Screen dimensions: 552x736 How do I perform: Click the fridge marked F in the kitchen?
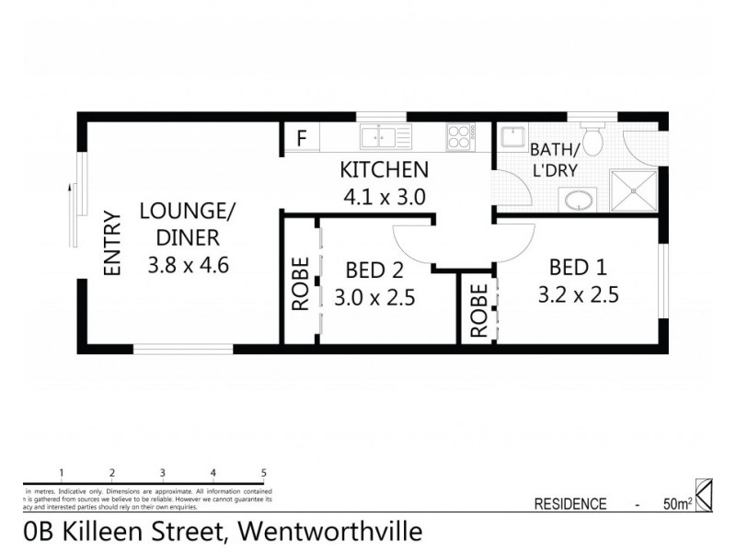point(301,140)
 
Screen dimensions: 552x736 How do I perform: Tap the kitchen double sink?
point(385,138)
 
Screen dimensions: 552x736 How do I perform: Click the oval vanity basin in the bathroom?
point(579,199)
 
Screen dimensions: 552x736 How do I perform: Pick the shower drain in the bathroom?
point(633,190)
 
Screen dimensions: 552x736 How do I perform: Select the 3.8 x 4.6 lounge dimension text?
point(187,266)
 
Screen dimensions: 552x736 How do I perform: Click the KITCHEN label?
point(384,169)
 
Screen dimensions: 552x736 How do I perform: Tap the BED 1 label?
point(578,268)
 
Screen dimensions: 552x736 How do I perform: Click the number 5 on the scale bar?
point(264,473)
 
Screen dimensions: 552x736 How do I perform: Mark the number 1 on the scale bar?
point(61,473)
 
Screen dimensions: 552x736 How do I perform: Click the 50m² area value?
point(675,503)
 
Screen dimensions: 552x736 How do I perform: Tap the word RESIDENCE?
point(570,503)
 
